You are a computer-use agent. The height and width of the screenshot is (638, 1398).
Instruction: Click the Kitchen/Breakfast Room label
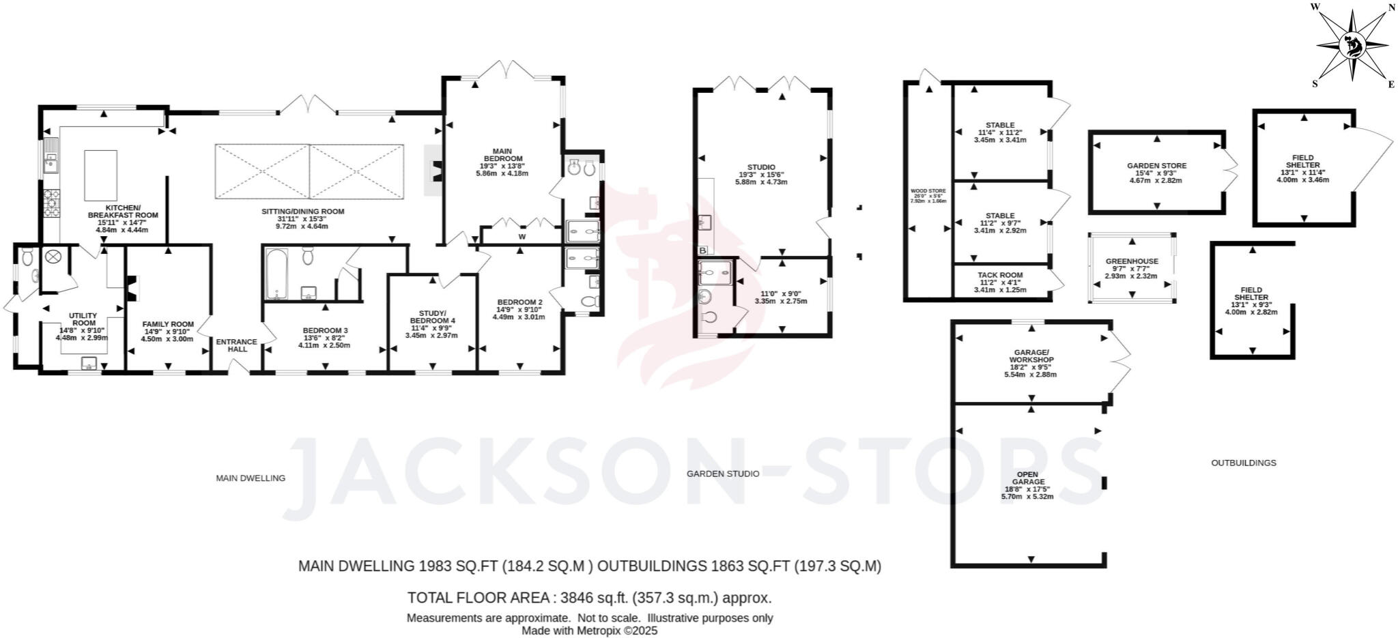(123, 211)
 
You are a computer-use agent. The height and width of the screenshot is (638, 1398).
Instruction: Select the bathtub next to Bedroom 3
(276, 274)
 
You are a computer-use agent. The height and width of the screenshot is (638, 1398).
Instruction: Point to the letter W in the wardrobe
(522, 237)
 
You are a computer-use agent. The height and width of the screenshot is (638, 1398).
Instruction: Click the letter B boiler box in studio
(702, 250)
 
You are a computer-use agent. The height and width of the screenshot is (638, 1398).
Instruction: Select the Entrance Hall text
(237, 345)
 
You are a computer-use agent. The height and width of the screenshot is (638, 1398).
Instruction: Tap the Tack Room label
(1000, 275)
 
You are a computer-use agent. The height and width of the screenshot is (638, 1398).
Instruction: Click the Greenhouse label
(1132, 261)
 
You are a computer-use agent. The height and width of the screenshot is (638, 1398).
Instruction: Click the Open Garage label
(1027, 478)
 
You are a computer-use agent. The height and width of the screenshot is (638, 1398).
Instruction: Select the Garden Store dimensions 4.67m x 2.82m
(1156, 181)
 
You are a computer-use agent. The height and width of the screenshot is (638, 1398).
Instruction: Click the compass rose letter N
(1386, 8)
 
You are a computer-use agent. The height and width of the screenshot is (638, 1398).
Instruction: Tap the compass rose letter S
(1315, 84)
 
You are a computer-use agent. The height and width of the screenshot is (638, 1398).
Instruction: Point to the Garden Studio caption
(722, 474)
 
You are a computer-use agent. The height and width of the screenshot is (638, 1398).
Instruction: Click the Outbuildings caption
(1243, 463)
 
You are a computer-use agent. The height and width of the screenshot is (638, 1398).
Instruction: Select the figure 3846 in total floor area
(577, 598)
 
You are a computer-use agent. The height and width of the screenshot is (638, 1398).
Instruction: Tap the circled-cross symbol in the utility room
(53, 257)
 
